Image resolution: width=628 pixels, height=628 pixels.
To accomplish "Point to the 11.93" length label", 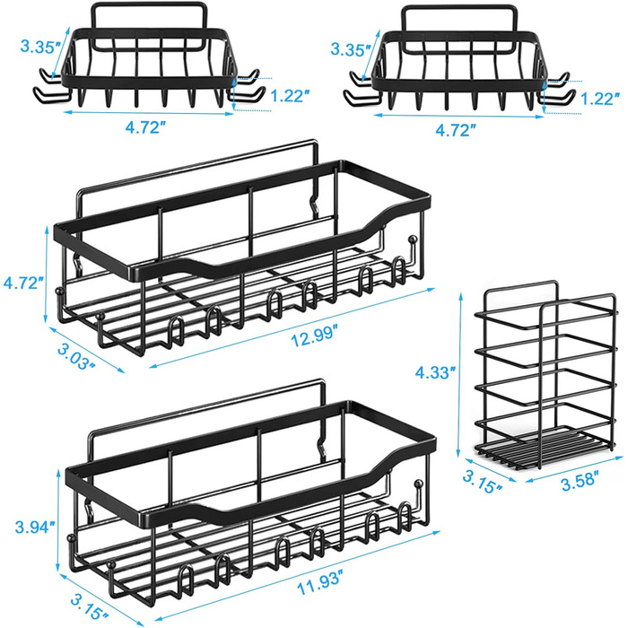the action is [320, 588].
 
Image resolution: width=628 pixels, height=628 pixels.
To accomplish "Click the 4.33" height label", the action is [437, 372].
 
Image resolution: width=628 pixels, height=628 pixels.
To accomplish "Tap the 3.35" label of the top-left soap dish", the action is [41, 47].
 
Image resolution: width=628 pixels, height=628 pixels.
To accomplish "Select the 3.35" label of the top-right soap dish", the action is [351, 49].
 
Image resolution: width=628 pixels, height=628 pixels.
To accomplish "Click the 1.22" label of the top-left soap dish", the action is [291, 95].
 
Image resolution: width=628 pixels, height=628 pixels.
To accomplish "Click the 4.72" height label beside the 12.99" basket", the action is [22, 283].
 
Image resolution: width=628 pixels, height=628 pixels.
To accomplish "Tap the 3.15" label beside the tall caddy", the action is [484, 482].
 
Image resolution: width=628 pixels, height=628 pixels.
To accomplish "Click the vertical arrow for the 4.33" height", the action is [460, 375].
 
